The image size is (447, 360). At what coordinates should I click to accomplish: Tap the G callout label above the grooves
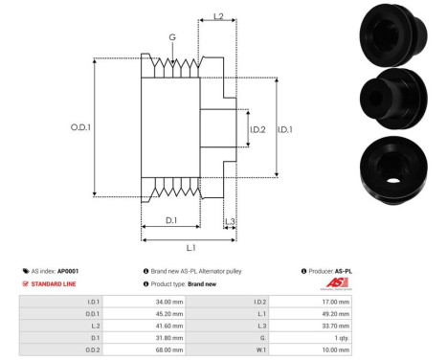point(171,37)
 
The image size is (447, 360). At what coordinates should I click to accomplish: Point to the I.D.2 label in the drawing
point(257,129)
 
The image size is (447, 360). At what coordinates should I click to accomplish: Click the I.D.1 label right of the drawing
point(285,129)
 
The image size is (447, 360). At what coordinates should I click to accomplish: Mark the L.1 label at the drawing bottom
point(191,248)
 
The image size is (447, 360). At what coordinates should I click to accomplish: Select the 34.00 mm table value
point(169,302)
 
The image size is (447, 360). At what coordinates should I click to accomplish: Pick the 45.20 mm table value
point(169,313)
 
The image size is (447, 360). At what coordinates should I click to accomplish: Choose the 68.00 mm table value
point(169,349)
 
